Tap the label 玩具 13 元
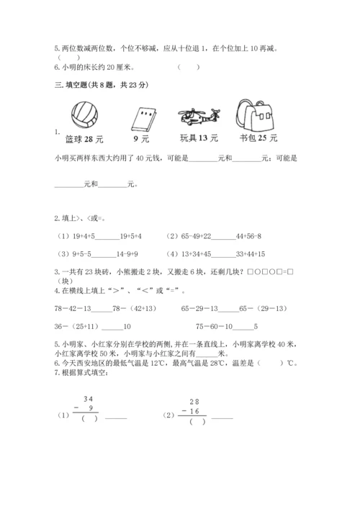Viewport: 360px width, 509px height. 199,138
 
